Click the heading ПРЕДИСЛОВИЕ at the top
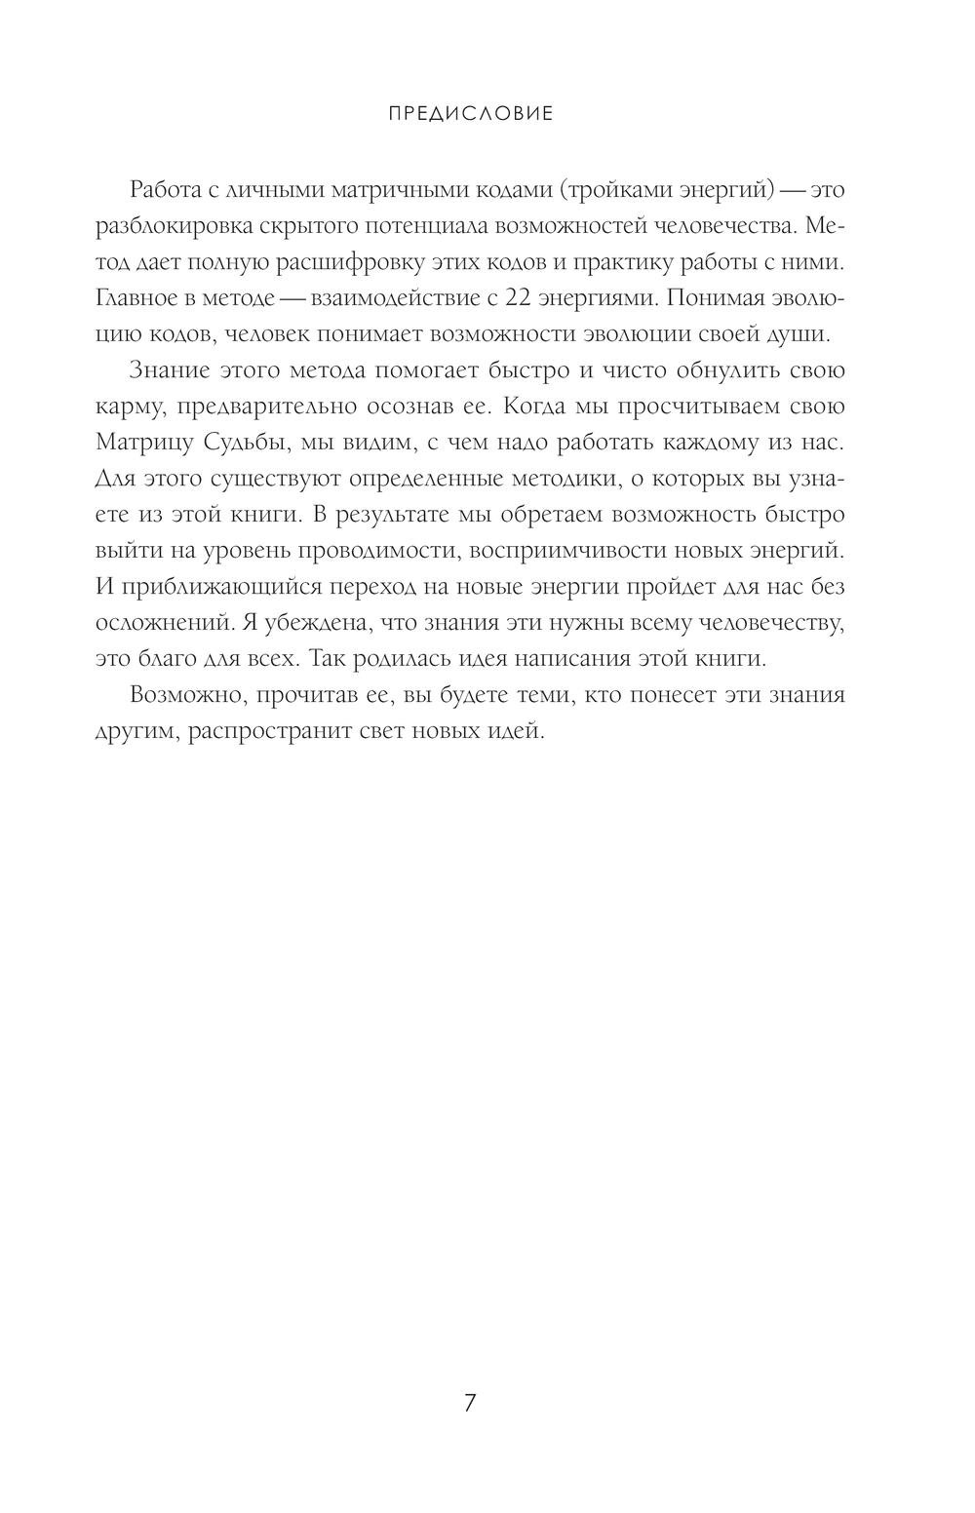[x=471, y=114]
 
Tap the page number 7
[x=471, y=1403]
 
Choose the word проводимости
[x=376, y=551]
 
